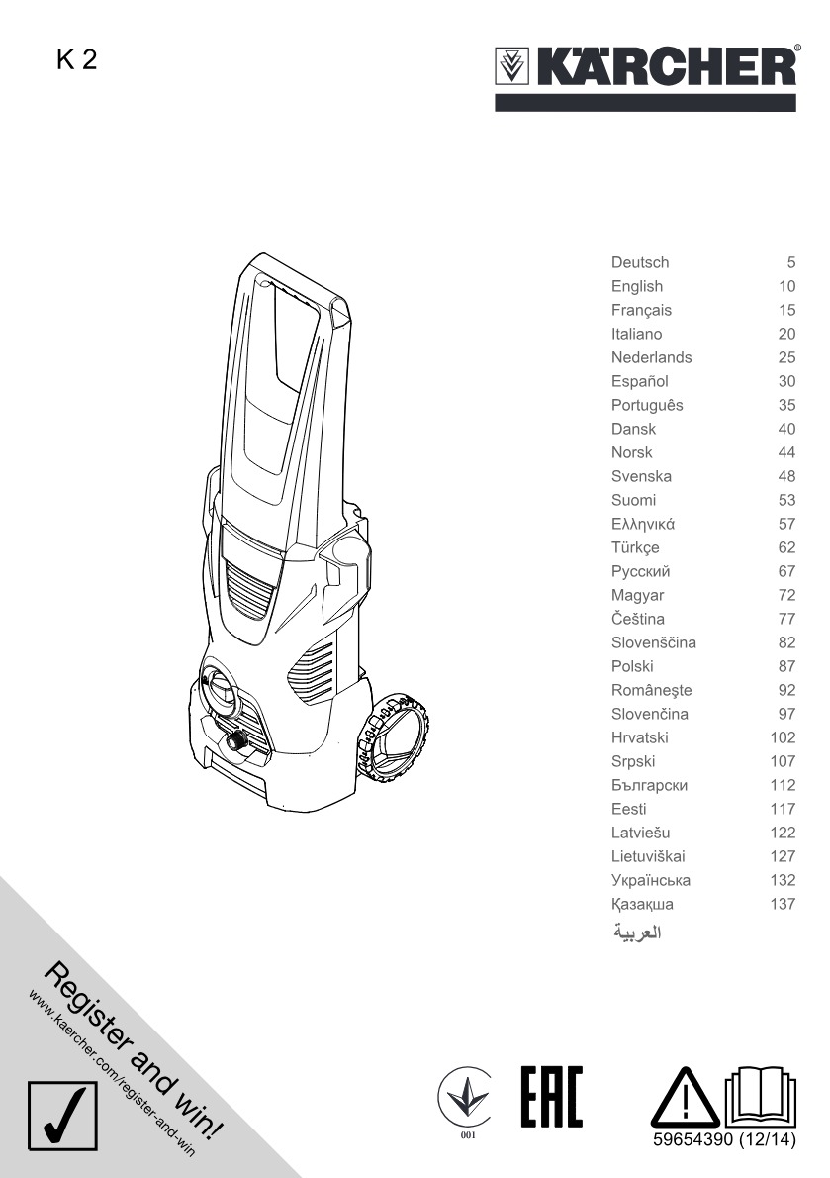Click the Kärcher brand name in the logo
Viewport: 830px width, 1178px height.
667,66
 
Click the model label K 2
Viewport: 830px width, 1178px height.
76,60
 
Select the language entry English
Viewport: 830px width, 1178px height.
636,286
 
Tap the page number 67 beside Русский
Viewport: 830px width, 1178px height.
786,571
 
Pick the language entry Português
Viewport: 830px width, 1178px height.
647,405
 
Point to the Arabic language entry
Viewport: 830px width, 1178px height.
637,933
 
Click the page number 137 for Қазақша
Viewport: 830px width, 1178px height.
783,904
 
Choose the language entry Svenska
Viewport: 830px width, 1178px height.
641,476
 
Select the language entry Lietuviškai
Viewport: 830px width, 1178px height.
648,856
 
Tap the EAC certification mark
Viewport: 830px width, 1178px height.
552,1096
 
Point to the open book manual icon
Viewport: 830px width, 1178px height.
760,1096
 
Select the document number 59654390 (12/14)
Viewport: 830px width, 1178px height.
724,1139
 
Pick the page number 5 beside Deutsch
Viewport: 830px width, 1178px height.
791,262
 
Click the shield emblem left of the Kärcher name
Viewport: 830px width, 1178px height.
512,67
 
